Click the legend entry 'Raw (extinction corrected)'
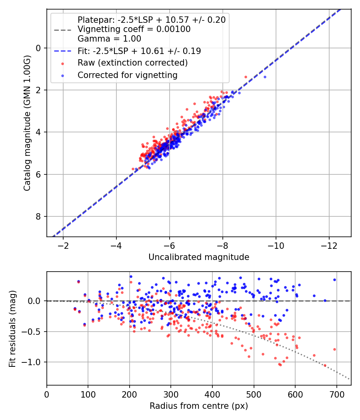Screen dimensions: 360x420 click(x=132, y=63)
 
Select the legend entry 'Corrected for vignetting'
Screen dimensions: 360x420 click(x=128, y=75)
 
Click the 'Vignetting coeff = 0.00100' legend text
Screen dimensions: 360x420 click(x=134, y=29)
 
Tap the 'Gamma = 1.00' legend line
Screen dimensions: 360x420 click(x=109, y=39)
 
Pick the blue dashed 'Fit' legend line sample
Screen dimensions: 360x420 click(x=63, y=51)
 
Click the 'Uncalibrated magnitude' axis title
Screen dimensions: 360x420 click(x=199, y=257)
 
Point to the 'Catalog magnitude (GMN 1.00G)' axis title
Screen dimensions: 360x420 click(x=27, y=123)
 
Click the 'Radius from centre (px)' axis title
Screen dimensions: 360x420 click(x=199, y=406)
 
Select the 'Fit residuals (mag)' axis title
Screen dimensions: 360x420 click(x=12, y=329)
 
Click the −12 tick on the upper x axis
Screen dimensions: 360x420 click(x=329, y=246)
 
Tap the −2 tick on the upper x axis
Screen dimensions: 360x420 click(x=63, y=246)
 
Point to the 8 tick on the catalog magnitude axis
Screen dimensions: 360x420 click(x=38, y=216)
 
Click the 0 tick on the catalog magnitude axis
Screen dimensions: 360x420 click(x=38, y=48)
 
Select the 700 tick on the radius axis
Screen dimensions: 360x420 click(x=336, y=394)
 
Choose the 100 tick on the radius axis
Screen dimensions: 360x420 click(x=88, y=394)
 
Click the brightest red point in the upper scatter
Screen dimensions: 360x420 click(x=246, y=77)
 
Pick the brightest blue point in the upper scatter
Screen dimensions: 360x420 click(x=265, y=77)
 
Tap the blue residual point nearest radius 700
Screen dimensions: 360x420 click(x=334, y=280)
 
